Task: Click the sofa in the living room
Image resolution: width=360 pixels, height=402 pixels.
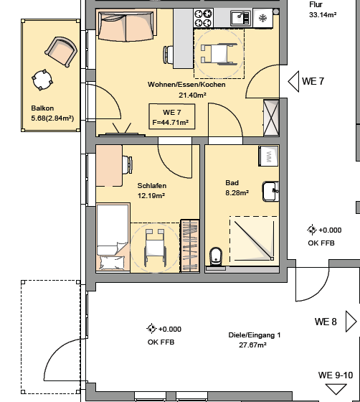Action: (120, 27)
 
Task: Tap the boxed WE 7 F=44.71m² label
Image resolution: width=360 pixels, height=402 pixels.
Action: (171, 117)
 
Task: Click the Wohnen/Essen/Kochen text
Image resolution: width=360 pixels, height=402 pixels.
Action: (187, 85)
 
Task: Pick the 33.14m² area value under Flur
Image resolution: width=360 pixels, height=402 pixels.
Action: (323, 14)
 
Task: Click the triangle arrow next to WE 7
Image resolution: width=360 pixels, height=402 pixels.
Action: (293, 82)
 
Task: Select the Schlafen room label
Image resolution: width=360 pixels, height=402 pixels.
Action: (151, 186)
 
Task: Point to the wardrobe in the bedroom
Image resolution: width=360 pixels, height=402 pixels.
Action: (189, 244)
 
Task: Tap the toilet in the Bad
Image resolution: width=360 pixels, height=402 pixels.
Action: (215, 256)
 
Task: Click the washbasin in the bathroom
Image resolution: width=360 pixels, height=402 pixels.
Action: (270, 191)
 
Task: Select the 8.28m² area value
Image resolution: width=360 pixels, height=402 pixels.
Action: (237, 192)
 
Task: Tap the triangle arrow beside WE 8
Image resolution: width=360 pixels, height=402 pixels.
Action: (351, 320)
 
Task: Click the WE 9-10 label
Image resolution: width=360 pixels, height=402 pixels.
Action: (335, 375)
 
